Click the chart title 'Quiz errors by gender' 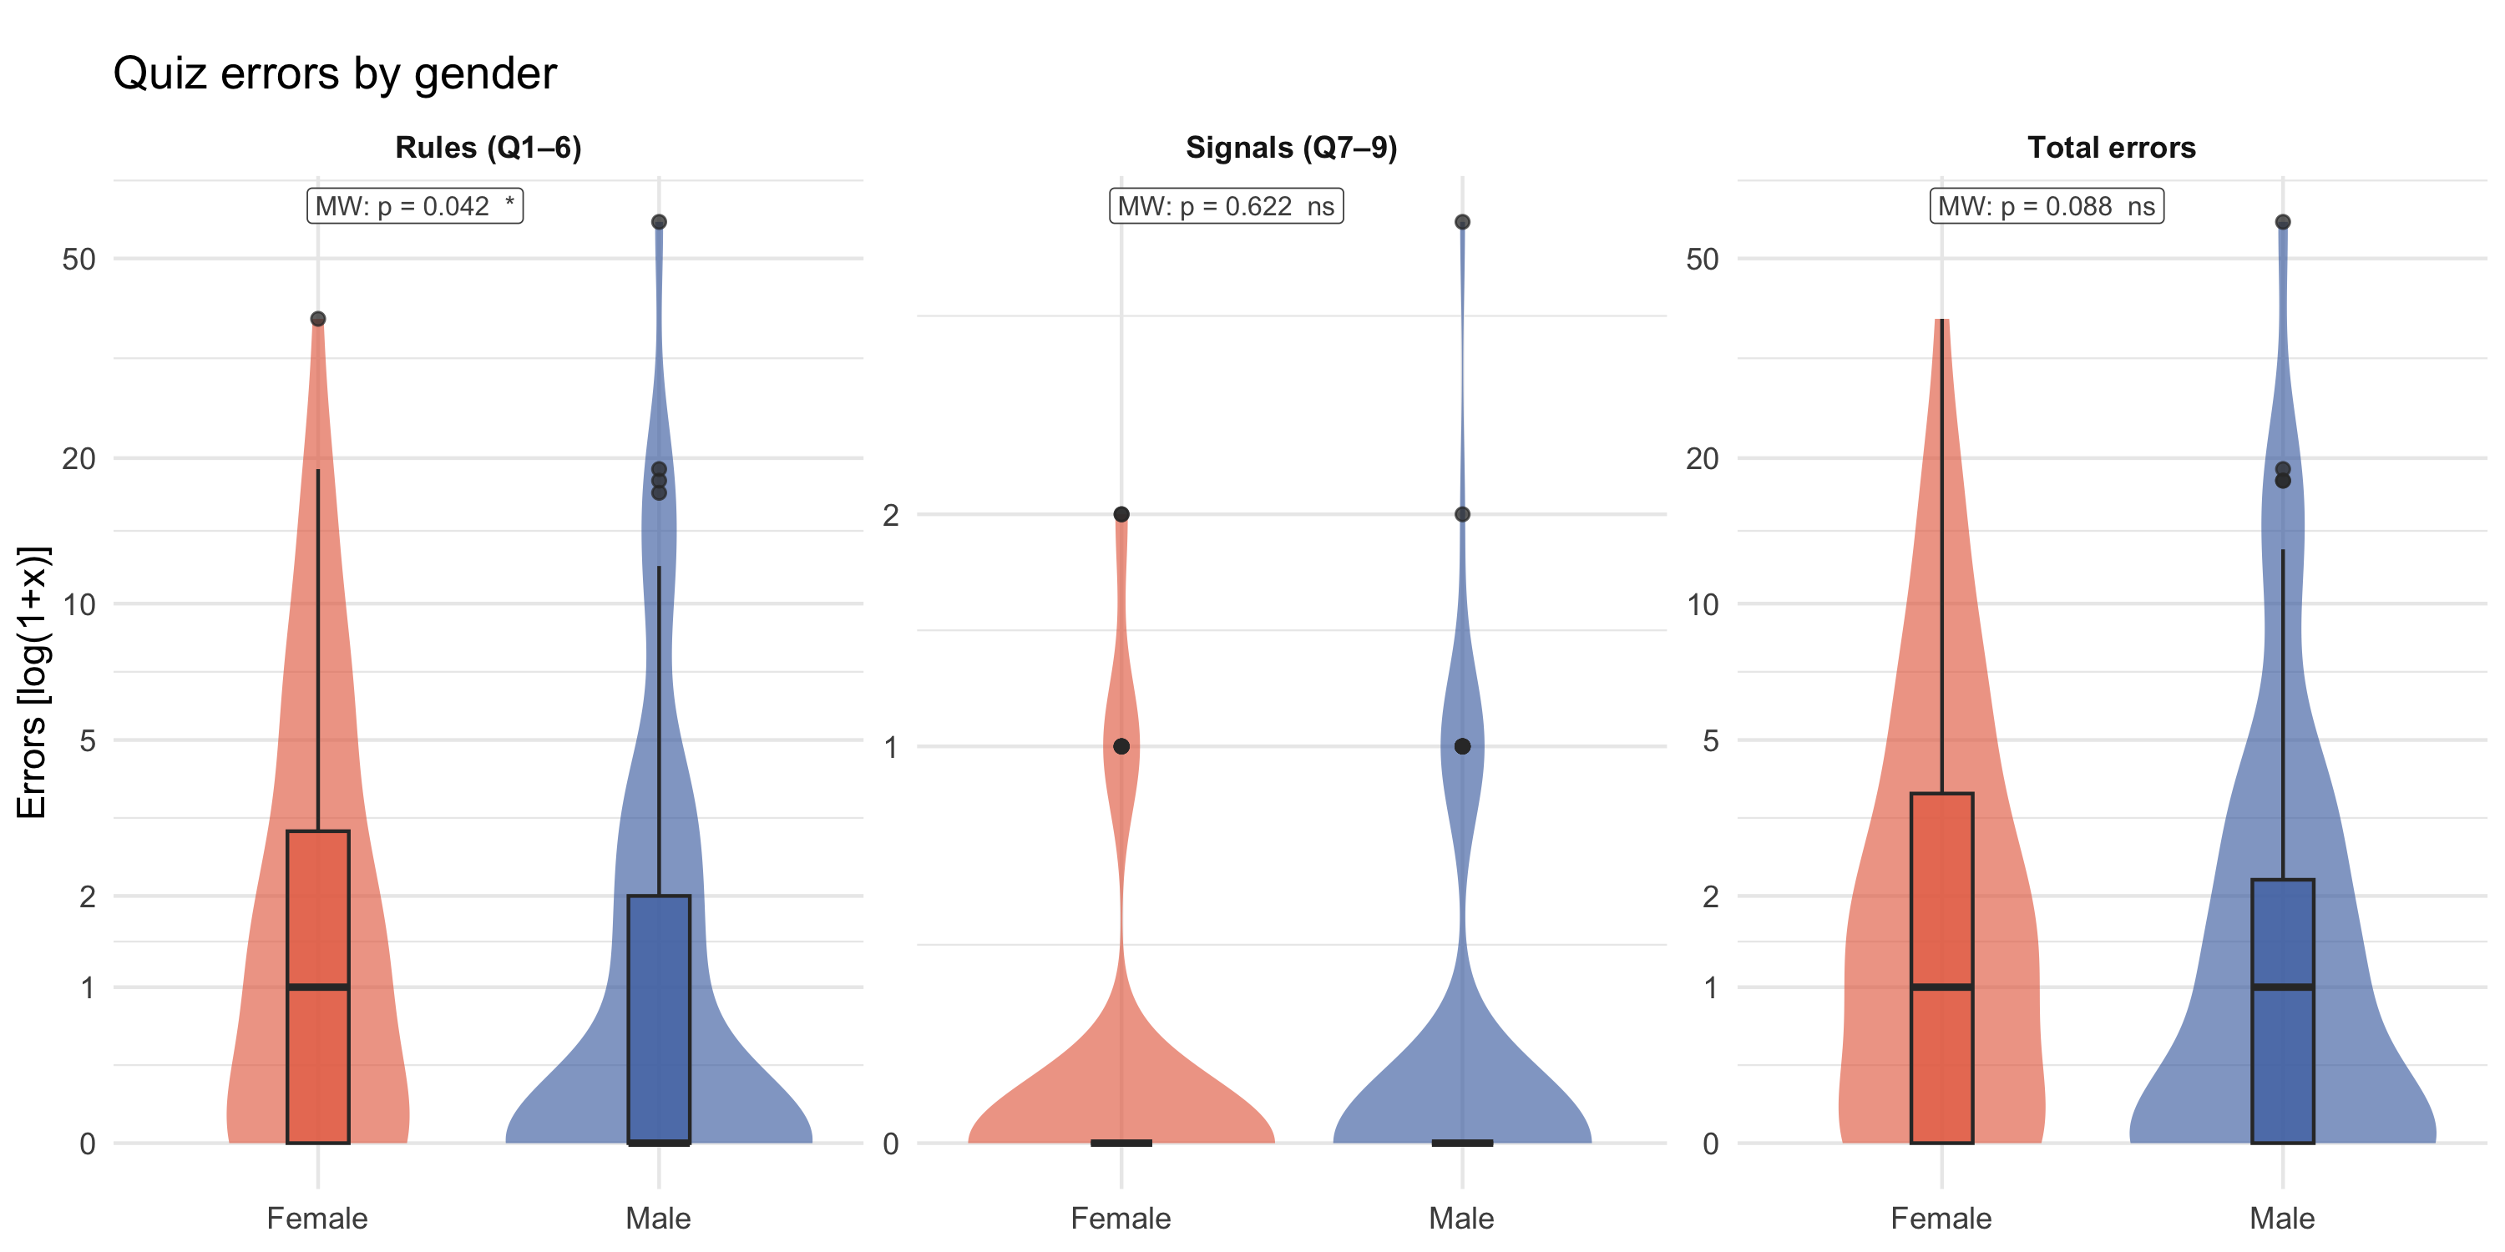click(x=335, y=74)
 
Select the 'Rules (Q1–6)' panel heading click(x=488, y=148)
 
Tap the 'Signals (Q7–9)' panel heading click(x=1292, y=148)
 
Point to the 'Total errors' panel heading click(x=2111, y=148)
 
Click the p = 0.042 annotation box click(x=415, y=206)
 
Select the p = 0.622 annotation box click(x=1227, y=206)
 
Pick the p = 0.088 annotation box click(x=2047, y=206)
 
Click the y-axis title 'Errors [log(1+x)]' click(x=32, y=683)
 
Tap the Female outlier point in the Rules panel click(x=318, y=319)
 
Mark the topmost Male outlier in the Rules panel click(x=660, y=222)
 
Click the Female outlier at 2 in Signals click(x=1121, y=514)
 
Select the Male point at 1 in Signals click(x=1463, y=746)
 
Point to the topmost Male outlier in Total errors click(x=2283, y=222)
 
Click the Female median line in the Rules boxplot click(x=318, y=987)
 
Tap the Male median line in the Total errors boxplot click(x=2283, y=987)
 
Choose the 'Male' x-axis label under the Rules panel click(x=658, y=1218)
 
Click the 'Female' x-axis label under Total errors click(x=1941, y=1218)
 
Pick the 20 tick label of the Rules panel click(x=78, y=458)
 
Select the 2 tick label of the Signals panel click(x=891, y=515)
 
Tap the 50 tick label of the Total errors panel click(x=1703, y=260)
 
